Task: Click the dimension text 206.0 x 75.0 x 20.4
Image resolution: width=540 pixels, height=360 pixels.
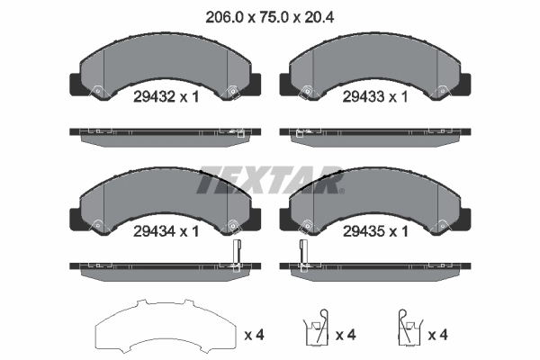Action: point(269,13)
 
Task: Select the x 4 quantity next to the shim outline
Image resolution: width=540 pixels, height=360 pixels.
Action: point(255,335)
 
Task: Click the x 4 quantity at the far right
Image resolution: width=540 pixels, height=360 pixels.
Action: point(439,335)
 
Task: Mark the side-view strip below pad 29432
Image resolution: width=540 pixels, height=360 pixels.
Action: point(164,132)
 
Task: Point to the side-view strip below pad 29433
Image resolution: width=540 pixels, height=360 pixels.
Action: point(374,132)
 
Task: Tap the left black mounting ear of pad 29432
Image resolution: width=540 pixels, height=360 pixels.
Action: point(76,84)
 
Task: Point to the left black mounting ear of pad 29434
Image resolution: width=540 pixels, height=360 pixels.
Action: point(76,219)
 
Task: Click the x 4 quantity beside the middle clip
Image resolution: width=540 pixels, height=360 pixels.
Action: point(346,335)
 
